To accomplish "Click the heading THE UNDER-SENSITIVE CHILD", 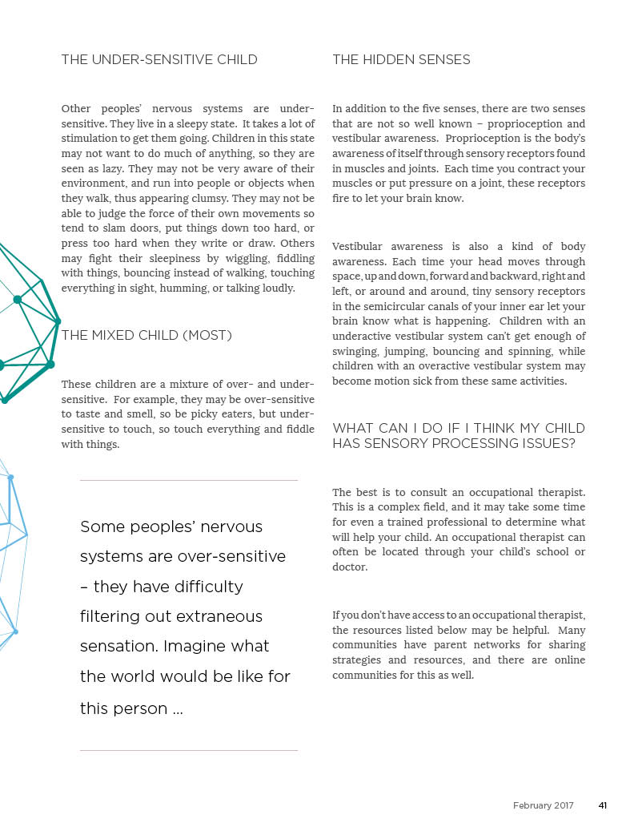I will (x=159, y=60).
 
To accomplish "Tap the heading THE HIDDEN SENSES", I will (x=401, y=60).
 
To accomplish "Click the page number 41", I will (x=602, y=805).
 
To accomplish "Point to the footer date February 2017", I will (x=544, y=805).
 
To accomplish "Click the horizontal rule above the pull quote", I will (x=189, y=481).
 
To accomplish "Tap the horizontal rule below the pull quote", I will (x=189, y=751).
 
